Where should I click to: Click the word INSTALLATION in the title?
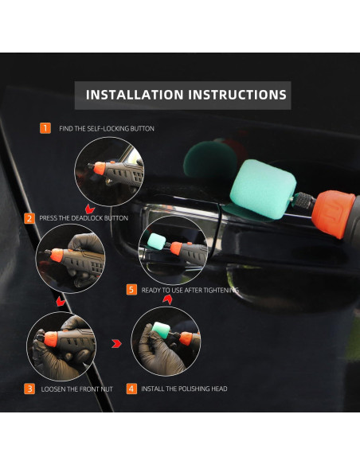[135, 95]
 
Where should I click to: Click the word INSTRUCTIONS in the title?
[237, 95]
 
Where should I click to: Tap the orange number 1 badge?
[45, 127]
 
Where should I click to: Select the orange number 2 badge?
[29, 217]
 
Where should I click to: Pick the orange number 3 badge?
[29, 389]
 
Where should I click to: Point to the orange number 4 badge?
[131, 389]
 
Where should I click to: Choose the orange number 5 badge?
[131, 290]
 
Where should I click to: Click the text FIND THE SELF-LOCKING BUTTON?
[107, 128]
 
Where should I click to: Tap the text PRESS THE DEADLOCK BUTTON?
[84, 217]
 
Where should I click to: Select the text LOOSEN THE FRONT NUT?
[76, 389]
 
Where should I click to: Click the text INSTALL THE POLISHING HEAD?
[185, 389]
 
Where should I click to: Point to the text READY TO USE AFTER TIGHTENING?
[190, 290]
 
